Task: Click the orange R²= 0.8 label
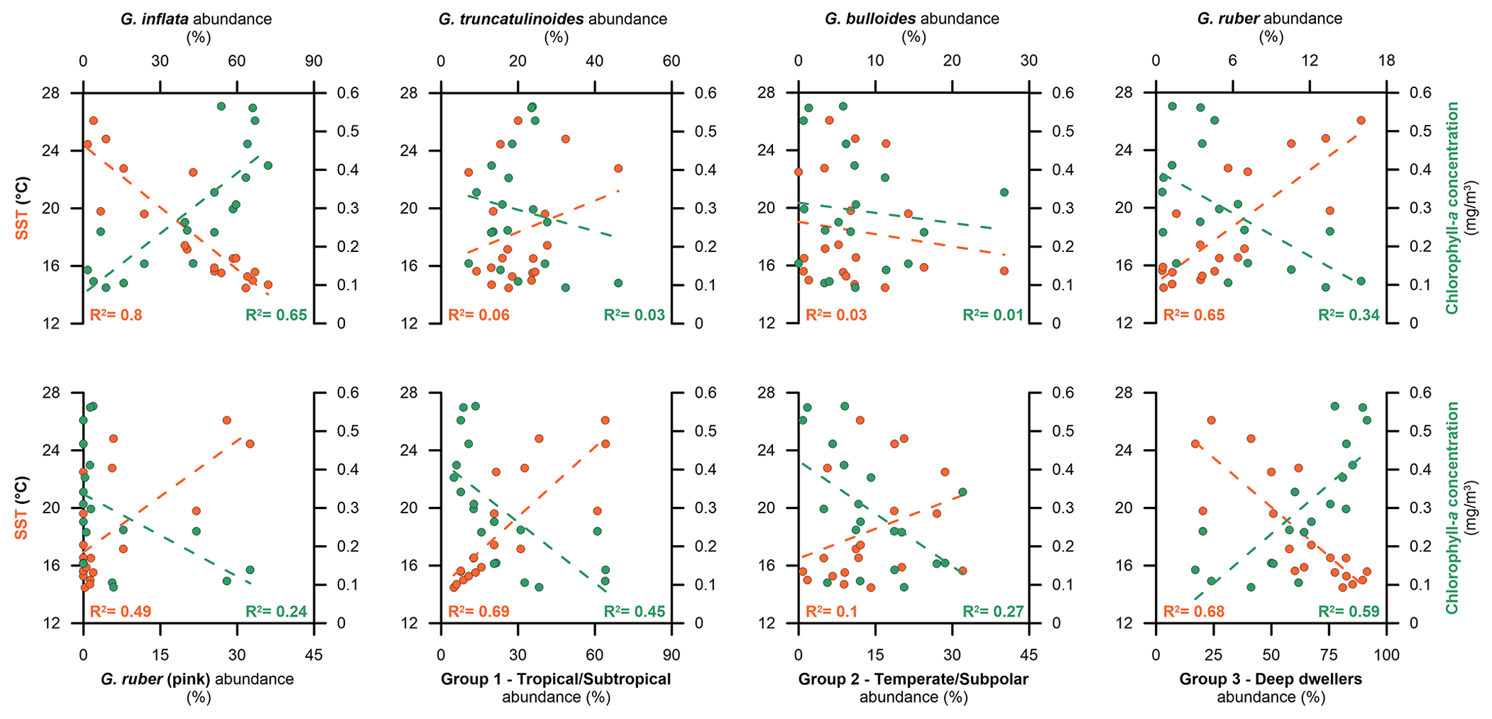tap(115, 315)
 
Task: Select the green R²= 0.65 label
tap(276, 315)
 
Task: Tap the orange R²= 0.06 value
tap(479, 315)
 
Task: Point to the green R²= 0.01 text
tap(993, 315)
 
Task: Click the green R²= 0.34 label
tap(1349, 315)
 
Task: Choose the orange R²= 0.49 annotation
tap(120, 612)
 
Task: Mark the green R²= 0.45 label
tap(634, 612)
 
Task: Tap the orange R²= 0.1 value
tap(832, 612)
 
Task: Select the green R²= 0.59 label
tap(1349, 612)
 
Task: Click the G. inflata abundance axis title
tap(196, 19)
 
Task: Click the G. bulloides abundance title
tap(912, 19)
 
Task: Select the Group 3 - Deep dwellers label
tap(1270, 679)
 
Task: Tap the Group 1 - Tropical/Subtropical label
tap(556, 679)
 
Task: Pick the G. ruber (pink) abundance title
tap(197, 679)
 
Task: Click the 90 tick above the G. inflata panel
tap(313, 61)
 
